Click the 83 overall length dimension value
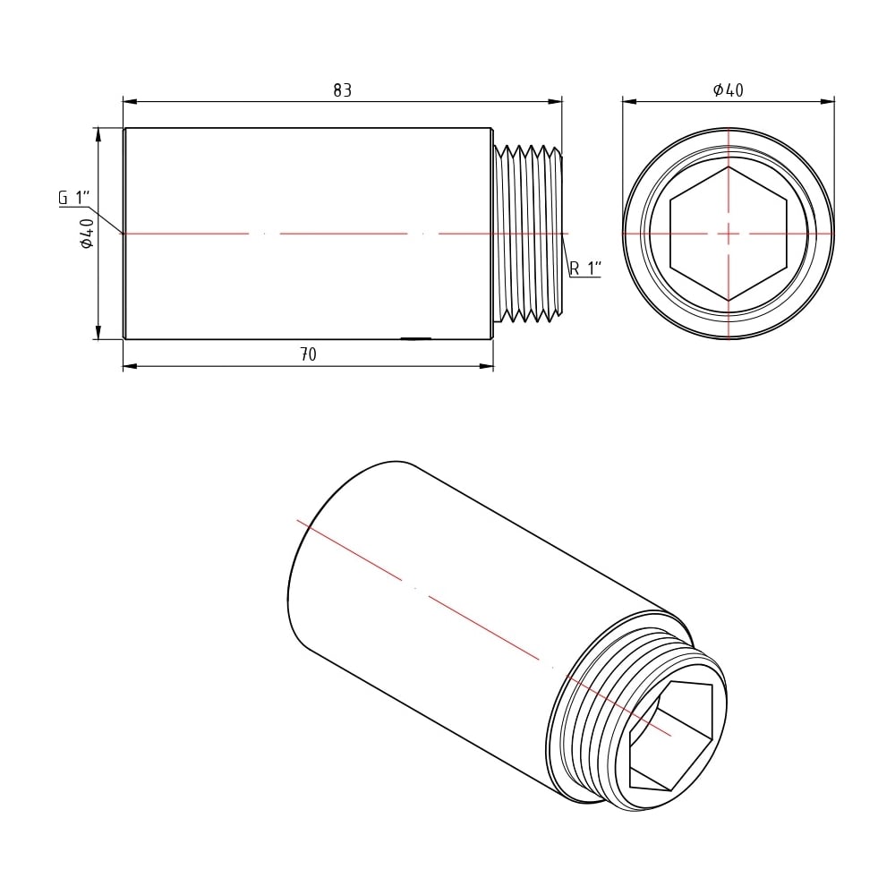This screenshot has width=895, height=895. (343, 90)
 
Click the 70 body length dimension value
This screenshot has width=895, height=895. (308, 354)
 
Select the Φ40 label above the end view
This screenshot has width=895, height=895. (729, 89)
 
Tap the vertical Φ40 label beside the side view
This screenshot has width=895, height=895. (87, 233)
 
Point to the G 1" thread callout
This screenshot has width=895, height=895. (75, 198)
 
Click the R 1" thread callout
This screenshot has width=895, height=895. (585, 268)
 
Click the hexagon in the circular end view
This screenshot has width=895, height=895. (729, 234)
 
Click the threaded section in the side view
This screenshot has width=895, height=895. (527, 234)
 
